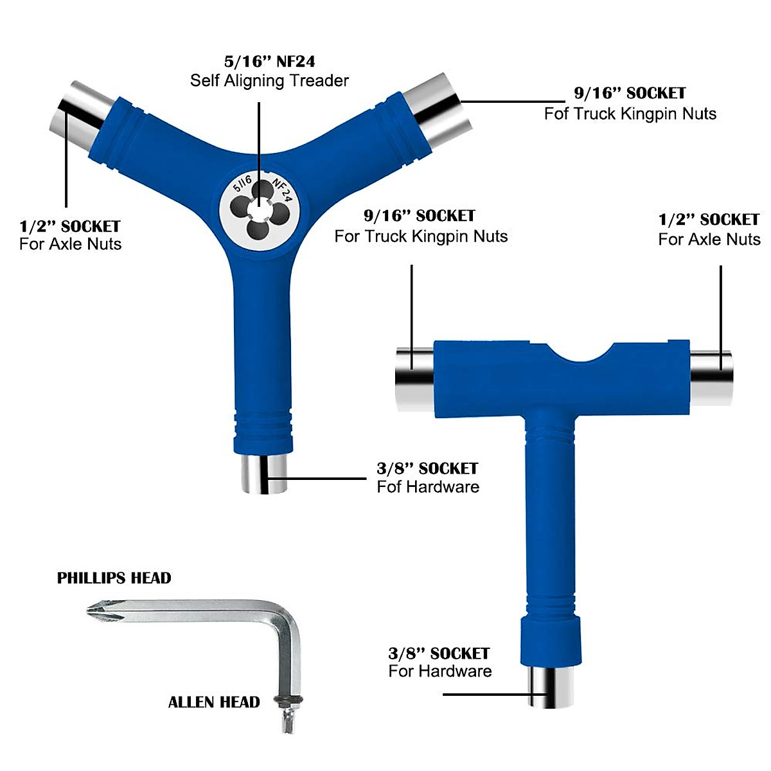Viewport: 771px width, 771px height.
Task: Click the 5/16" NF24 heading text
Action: pos(269,62)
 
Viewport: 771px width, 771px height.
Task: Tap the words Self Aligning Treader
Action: pos(269,81)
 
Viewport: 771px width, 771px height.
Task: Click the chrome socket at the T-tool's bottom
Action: pos(551,687)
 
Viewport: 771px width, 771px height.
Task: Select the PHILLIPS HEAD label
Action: pos(114,578)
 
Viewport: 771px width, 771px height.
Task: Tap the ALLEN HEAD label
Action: pos(214,702)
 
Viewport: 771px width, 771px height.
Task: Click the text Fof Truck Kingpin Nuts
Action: pos(630,114)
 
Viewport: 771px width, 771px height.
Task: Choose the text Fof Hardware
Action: pos(428,486)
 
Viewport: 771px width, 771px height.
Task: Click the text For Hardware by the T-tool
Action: pos(440,671)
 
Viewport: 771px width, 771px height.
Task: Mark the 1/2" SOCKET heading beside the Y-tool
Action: pos(70,226)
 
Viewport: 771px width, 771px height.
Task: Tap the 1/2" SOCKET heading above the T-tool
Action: pos(709,220)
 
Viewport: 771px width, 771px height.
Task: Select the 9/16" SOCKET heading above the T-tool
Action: pos(419,216)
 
